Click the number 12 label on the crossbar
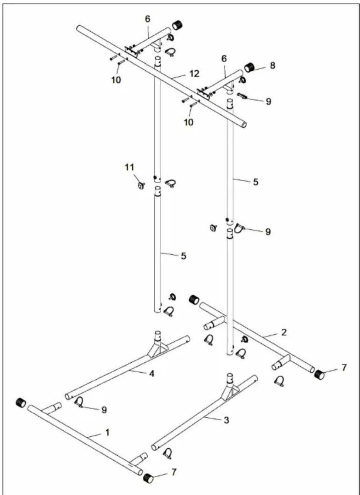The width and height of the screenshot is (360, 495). coord(194,74)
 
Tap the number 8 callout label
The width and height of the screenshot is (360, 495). coord(272,65)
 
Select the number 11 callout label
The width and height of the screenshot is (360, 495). coord(129,167)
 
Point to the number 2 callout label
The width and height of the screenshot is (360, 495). coord(284,332)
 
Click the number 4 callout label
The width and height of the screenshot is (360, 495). coord(152,373)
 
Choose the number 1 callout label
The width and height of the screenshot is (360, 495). coord(107,432)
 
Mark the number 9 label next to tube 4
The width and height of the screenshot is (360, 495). coord(104,409)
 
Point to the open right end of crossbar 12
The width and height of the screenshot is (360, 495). coord(244,125)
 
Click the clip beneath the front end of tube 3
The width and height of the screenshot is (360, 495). coord(167,453)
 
